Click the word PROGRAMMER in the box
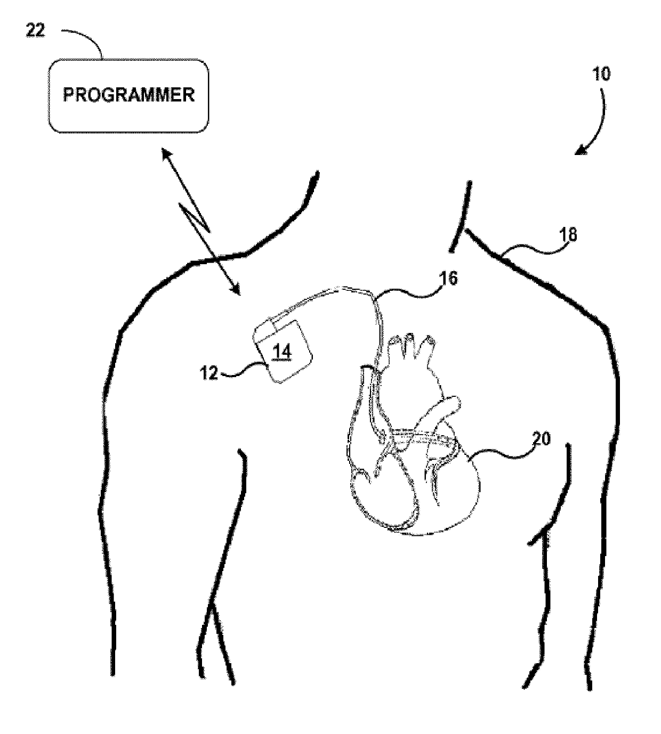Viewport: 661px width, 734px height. [x=128, y=95]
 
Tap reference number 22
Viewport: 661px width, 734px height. [x=37, y=31]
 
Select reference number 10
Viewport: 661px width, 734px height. [x=601, y=74]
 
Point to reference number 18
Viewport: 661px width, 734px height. [x=568, y=234]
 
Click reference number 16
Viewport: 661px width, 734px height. [x=449, y=278]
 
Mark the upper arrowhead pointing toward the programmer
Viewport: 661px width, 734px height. [x=166, y=155]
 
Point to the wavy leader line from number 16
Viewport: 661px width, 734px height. [x=410, y=288]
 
